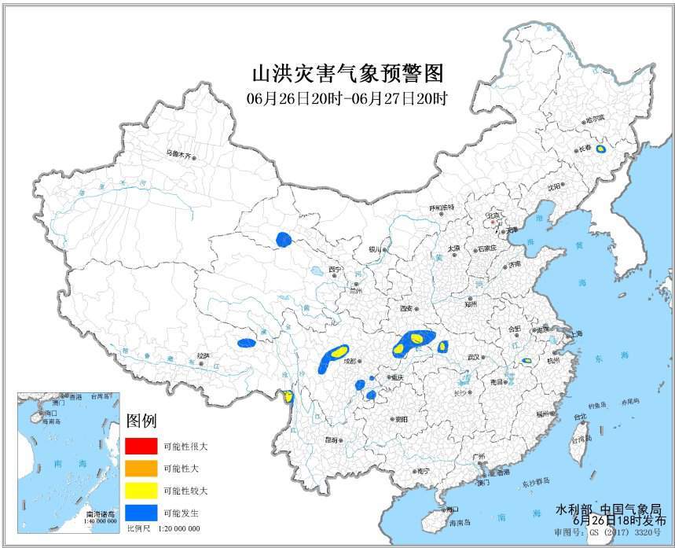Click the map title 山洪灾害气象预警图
[347, 74]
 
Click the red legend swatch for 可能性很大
[140, 446]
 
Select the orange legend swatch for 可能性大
[140, 469]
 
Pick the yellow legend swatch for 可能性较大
[140, 491]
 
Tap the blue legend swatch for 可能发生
[140, 513]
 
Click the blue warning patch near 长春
[600, 149]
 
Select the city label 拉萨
[203, 355]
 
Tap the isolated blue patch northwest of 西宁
[284, 239]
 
